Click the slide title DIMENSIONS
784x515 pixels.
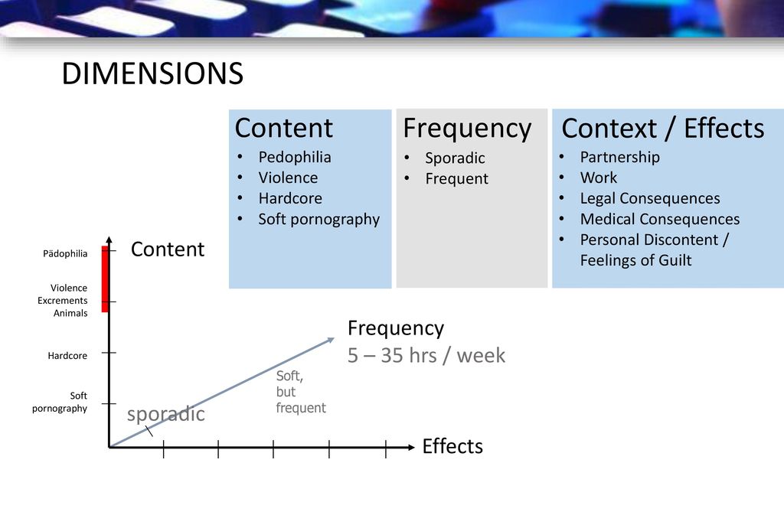(152, 73)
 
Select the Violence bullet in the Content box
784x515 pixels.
(288, 178)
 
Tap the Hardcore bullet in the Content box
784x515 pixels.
(290, 198)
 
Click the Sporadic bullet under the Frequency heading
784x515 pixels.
(455, 158)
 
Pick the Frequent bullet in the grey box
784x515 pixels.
(457, 178)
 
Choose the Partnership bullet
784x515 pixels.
(620, 157)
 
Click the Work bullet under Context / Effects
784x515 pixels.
(599, 178)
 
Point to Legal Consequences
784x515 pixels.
(650, 198)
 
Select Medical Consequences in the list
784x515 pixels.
(660, 219)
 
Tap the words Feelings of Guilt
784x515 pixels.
(636, 260)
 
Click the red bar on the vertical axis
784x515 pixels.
(105, 279)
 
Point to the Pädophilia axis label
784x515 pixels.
(65, 253)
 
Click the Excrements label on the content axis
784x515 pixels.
(63, 300)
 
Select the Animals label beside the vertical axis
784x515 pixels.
(70, 313)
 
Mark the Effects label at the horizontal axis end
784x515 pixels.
(452, 446)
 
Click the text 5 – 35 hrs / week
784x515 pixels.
(426, 355)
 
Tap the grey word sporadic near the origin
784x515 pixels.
(166, 414)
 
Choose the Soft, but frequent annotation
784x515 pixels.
(300, 392)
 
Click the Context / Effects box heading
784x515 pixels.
(663, 129)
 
